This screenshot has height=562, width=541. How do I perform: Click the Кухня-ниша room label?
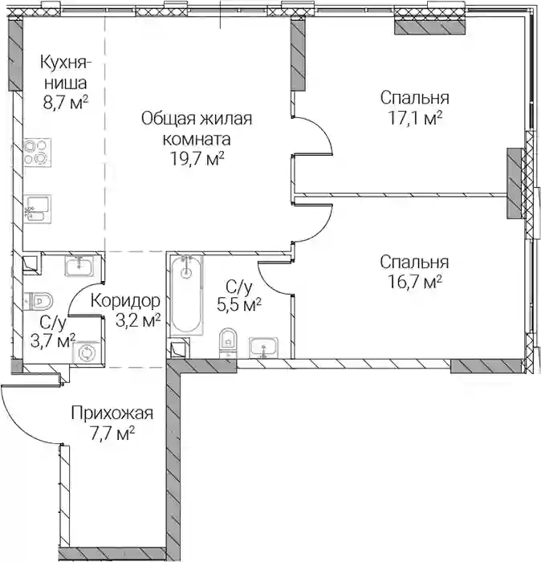66,72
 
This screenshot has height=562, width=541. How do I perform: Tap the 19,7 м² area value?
197,158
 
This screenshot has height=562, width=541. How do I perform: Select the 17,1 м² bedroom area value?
415,118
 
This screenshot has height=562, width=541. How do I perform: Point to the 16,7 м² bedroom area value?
415,282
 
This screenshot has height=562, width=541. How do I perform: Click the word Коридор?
125,301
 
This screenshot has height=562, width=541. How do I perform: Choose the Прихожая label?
112,413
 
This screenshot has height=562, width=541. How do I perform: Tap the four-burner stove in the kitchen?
37,153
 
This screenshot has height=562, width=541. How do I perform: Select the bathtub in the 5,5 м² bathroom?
186,295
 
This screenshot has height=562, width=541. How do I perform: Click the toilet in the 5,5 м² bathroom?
228,342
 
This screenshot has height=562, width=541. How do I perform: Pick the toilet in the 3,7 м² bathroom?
39,300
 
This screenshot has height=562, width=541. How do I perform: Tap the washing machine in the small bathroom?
87,353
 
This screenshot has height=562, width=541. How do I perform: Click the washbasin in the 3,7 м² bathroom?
79,265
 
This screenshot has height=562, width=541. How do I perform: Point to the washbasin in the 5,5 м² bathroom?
263,348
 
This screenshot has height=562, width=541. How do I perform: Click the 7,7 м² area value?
112,435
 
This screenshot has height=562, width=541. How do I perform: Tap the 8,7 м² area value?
66,103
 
